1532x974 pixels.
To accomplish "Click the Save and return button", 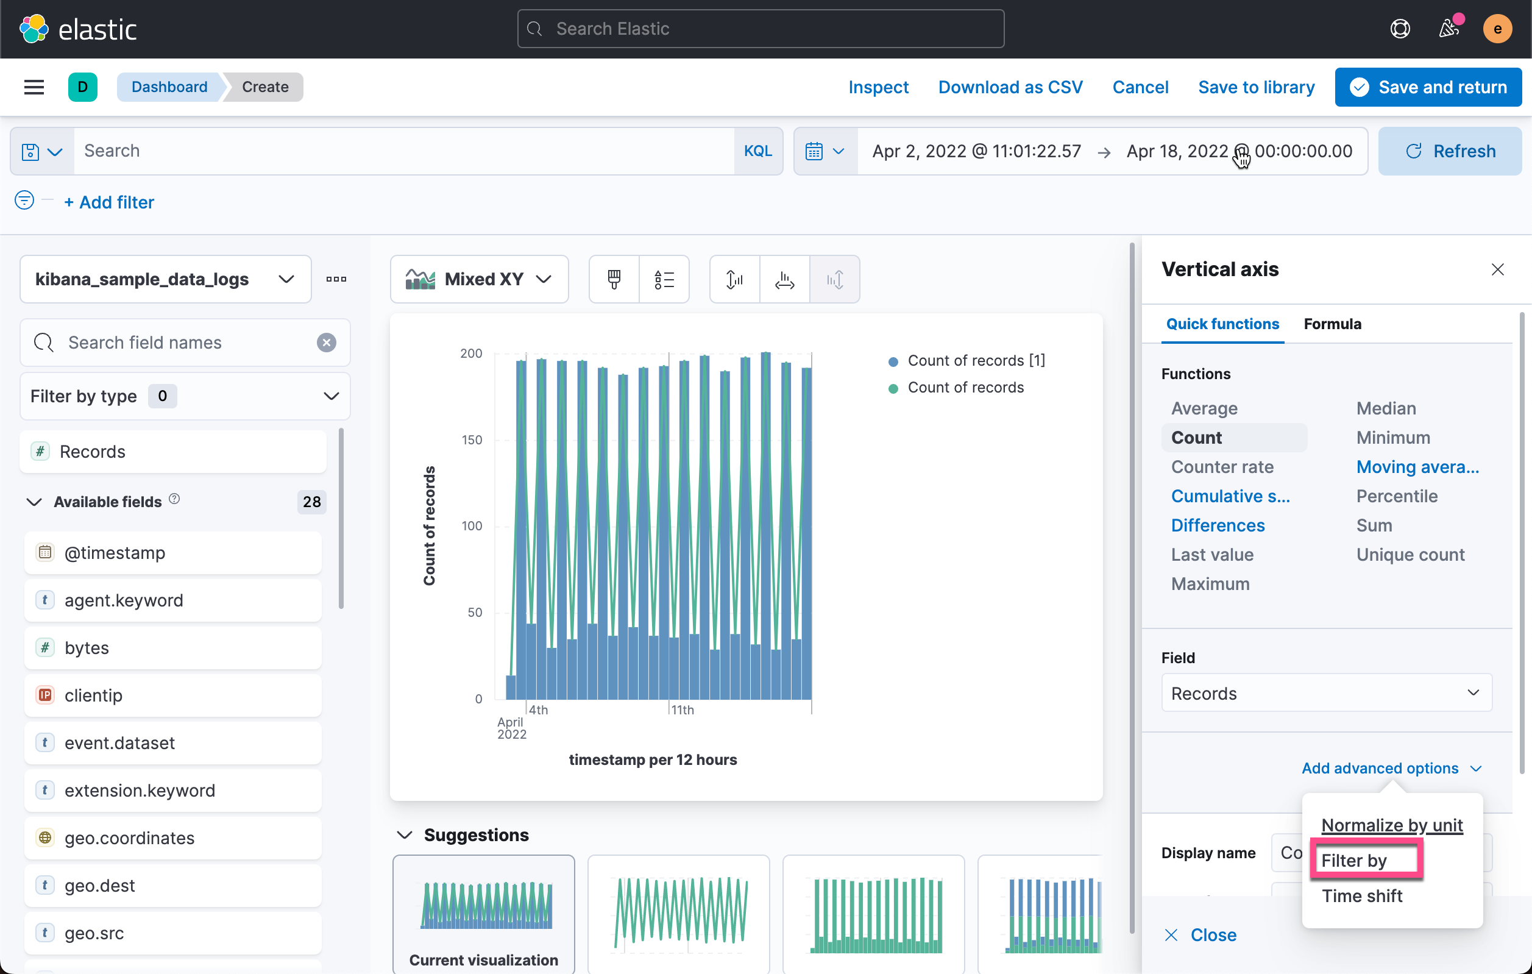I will (1428, 87).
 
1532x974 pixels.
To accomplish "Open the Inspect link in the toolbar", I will (878, 87).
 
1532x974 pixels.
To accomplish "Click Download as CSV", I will (1010, 87).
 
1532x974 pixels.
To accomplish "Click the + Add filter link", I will (110, 202).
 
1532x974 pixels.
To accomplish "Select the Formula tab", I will (1332, 324).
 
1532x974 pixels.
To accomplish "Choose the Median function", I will (1386, 408).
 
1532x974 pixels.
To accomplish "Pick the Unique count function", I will (1410, 555).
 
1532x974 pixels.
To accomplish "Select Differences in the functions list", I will (1218, 525).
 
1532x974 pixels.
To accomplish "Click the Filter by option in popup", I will (1354, 860).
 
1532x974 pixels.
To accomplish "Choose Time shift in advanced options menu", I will (1361, 896).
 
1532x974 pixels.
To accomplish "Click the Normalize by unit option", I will (1391, 825).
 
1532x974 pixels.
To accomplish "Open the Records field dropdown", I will (1326, 693).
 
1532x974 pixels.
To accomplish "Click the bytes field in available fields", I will (87, 648).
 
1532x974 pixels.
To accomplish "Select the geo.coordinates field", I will (129, 838).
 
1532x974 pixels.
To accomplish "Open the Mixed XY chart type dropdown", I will (479, 279).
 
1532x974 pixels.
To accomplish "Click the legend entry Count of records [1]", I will (975, 361).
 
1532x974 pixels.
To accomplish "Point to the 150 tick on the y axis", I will (472, 439).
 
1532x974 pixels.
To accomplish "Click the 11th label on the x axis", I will (683, 710).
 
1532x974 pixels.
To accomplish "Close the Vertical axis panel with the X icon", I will (1497, 270).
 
